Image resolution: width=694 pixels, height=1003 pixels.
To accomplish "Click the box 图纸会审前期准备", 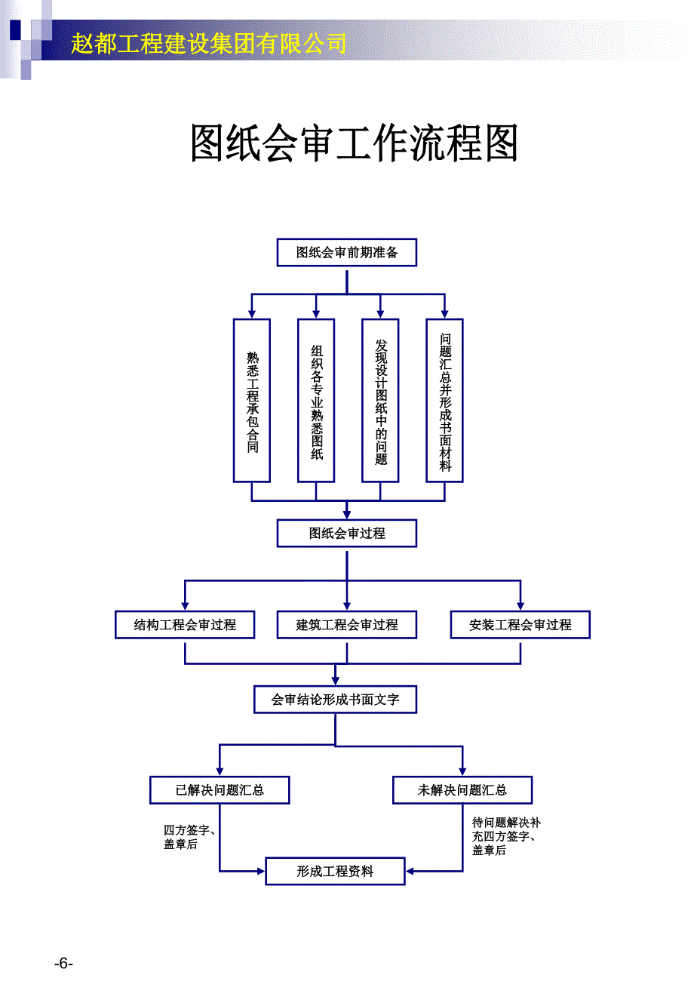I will pyautogui.click(x=346, y=253).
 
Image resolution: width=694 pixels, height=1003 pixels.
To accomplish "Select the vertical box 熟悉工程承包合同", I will pyautogui.click(x=252, y=400).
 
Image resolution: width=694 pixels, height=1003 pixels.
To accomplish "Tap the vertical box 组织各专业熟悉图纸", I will pyautogui.click(x=316, y=400).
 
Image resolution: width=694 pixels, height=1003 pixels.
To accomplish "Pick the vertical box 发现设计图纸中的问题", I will pyautogui.click(x=380, y=400).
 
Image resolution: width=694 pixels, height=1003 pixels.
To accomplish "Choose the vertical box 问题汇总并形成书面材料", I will pyautogui.click(x=444, y=400).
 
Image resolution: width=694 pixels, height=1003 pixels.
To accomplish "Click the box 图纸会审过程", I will pyautogui.click(x=346, y=534).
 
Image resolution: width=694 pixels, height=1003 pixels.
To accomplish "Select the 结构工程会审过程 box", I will pyautogui.click(x=185, y=625).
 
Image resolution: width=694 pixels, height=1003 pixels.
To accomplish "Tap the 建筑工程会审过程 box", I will pyautogui.click(x=346, y=625).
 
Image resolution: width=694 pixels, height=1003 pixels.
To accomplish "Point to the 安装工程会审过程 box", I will pyautogui.click(x=520, y=625).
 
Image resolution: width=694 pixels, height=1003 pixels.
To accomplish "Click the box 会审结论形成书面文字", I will pyautogui.click(x=335, y=700).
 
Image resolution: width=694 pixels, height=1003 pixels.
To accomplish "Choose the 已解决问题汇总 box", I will pyautogui.click(x=220, y=790).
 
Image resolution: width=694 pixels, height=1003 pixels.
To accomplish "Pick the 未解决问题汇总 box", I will pyautogui.click(x=462, y=790).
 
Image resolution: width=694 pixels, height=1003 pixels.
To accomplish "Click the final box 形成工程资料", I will pyautogui.click(x=335, y=872).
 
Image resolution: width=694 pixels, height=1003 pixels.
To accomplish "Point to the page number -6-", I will pyautogui.click(x=63, y=963).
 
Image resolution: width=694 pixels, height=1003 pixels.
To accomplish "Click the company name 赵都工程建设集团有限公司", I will pyautogui.click(x=209, y=44).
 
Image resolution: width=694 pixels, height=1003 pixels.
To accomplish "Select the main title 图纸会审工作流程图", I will pyautogui.click(x=354, y=143).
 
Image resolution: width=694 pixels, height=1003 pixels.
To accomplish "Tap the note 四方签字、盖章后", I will pyautogui.click(x=189, y=837).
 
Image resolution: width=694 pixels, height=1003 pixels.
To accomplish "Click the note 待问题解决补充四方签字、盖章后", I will pyautogui.click(x=505, y=836).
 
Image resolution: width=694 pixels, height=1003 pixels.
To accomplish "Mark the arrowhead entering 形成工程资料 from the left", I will pyautogui.click(x=261, y=872).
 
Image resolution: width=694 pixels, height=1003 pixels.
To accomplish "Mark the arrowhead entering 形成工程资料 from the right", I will pyautogui.click(x=410, y=872).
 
